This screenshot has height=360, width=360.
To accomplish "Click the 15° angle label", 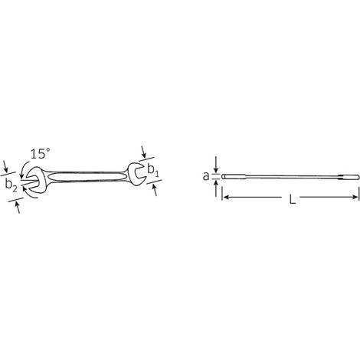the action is (41, 154).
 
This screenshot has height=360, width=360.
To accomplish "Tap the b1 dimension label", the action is (153, 171).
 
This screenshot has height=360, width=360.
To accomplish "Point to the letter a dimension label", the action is (206, 176).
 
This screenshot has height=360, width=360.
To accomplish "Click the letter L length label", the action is (292, 199).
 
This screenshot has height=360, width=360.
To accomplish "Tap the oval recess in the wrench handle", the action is (87, 177).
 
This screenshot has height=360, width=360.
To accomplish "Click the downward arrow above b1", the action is (144, 152).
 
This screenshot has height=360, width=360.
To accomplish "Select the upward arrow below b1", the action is (155, 190).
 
